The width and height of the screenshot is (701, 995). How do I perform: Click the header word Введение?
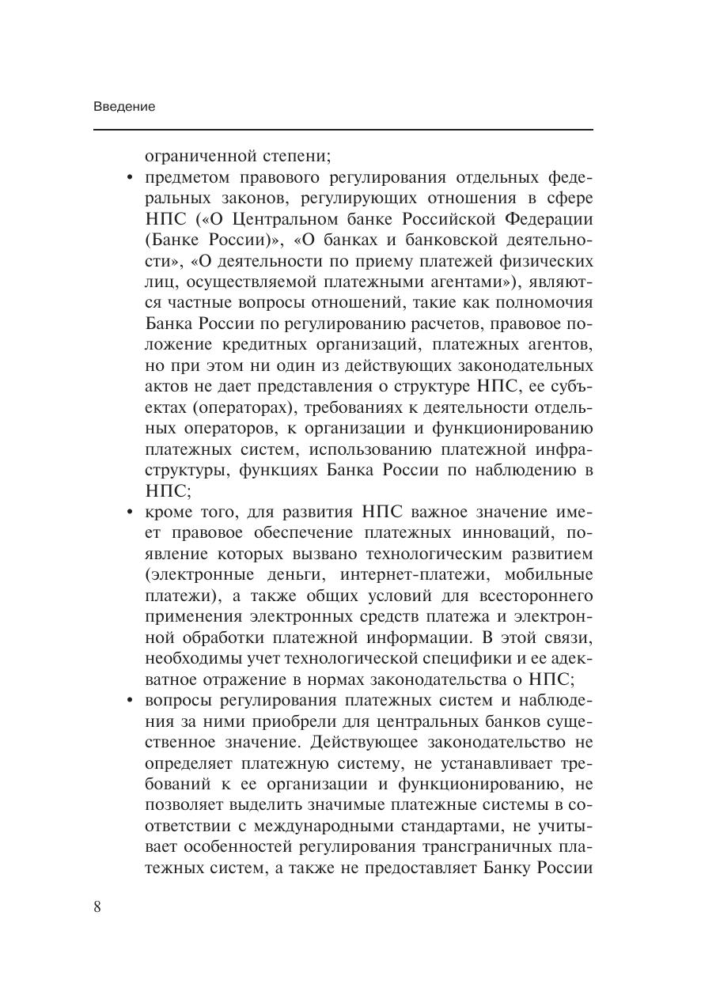(123, 107)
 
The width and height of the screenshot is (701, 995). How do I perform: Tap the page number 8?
(97, 906)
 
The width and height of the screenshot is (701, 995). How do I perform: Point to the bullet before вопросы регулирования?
(130, 700)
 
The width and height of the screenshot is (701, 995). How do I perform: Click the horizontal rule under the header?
(343, 129)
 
